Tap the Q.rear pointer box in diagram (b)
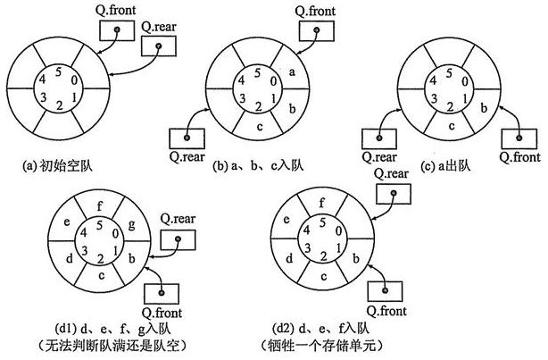tap(188, 138)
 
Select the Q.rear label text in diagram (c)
tap(379, 155)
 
